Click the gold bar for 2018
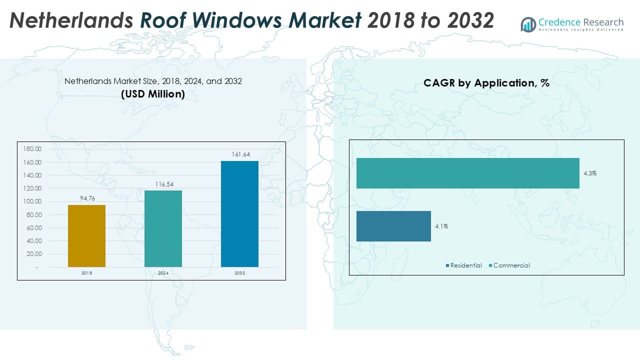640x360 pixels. coord(86,236)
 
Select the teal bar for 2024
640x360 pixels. coord(163,228)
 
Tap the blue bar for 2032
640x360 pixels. coord(239,214)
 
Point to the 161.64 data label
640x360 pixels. coord(240,154)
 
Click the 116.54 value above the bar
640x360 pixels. coord(163,184)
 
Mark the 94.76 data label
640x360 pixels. coord(87,198)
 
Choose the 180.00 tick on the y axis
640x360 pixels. coord(32,149)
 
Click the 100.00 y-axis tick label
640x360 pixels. coord(32,201)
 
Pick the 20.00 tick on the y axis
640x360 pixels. coord(33,254)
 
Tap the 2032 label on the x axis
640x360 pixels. coord(240,273)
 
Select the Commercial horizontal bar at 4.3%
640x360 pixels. coord(467,173)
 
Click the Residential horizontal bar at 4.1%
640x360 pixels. coord(393,226)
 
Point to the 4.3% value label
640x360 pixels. coord(590,173)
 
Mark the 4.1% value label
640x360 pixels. coord(441,226)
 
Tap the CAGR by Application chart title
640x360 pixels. coord(486,83)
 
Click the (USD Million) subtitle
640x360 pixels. coord(153,94)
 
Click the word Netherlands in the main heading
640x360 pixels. coord(71,20)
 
